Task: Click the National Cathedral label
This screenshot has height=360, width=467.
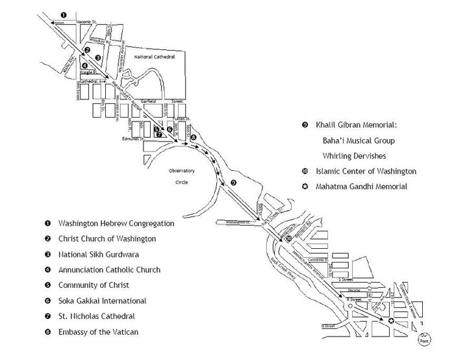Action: pos(153,57)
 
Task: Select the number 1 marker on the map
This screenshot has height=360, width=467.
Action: pos(64,14)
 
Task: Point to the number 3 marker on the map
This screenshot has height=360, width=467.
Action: pos(97,58)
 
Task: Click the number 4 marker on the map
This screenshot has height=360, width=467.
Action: pos(84,64)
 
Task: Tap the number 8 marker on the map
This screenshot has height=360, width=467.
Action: pos(193,137)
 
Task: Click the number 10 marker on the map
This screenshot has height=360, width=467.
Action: pos(288,238)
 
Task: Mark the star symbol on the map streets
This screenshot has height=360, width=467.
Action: pos(390,320)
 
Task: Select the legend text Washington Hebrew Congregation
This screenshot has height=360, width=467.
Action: pos(116,223)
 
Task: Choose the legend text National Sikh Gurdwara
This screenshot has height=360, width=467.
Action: pos(98,254)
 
